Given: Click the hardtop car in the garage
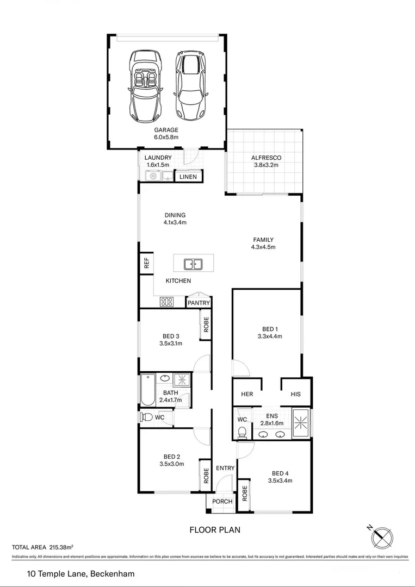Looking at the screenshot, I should coord(189,87).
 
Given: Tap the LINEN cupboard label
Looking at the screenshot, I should coord(188,177).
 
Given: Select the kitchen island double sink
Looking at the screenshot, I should coord(193,264).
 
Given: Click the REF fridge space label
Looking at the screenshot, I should coord(146,264).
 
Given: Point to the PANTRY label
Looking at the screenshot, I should coord(199,303).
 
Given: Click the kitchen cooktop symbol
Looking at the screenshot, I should coord(166,302).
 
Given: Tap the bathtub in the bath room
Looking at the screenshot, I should coord(147,390).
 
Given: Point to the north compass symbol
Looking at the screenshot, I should coord(383,537).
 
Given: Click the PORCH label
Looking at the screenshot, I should coord(222,501).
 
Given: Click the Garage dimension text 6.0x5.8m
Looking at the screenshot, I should coord(166,138).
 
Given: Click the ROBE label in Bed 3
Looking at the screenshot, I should coord(206,324).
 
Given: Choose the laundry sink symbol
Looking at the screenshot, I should coord(152,176).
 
